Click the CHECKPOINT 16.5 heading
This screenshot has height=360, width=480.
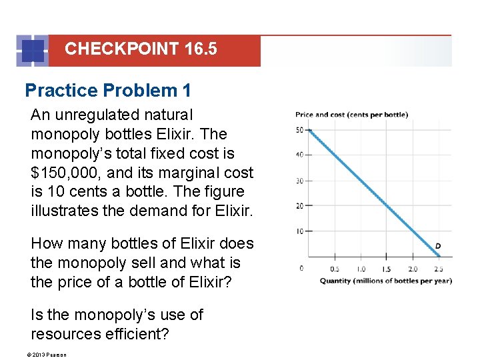141,49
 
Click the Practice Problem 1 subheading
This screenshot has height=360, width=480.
108,90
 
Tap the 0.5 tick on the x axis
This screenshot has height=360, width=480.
335,269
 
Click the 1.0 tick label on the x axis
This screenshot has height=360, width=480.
361,269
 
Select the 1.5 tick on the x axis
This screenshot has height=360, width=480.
386,269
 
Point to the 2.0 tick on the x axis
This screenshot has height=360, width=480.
412,269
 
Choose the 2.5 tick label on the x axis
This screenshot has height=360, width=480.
437,269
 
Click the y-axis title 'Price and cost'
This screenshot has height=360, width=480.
351,115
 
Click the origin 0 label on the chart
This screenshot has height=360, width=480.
301,268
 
